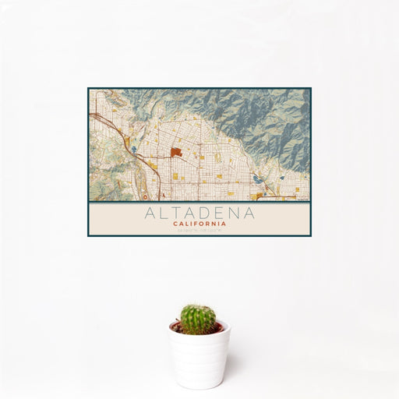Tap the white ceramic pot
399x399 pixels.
point(199,352)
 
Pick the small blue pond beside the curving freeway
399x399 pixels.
point(133,150)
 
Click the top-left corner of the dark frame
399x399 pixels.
point(88,88)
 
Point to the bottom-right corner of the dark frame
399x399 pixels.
point(310,235)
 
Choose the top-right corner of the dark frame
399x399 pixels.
point(310,88)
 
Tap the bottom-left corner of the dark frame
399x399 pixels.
point(88,235)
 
